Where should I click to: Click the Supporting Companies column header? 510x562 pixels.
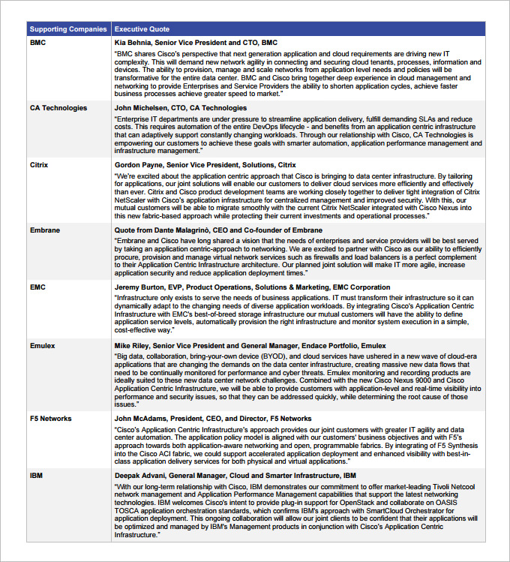click(x=67, y=29)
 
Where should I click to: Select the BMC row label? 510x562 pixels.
click(x=37, y=43)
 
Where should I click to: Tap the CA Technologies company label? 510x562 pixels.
click(x=58, y=108)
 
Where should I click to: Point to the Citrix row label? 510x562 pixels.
click(x=39, y=164)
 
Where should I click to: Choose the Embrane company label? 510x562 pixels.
click(x=45, y=230)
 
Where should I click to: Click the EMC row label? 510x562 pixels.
click(x=37, y=287)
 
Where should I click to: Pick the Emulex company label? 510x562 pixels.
click(x=43, y=345)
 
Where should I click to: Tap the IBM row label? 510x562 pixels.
click(x=36, y=476)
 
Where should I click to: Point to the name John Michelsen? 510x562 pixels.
click(x=140, y=108)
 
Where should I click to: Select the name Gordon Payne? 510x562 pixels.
click(x=139, y=164)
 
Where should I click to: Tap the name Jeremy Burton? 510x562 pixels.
click(x=138, y=287)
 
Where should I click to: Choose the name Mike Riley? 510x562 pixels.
click(x=132, y=345)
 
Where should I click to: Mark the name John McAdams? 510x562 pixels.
click(x=141, y=419)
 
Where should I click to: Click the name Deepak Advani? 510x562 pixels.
click(x=139, y=476)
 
